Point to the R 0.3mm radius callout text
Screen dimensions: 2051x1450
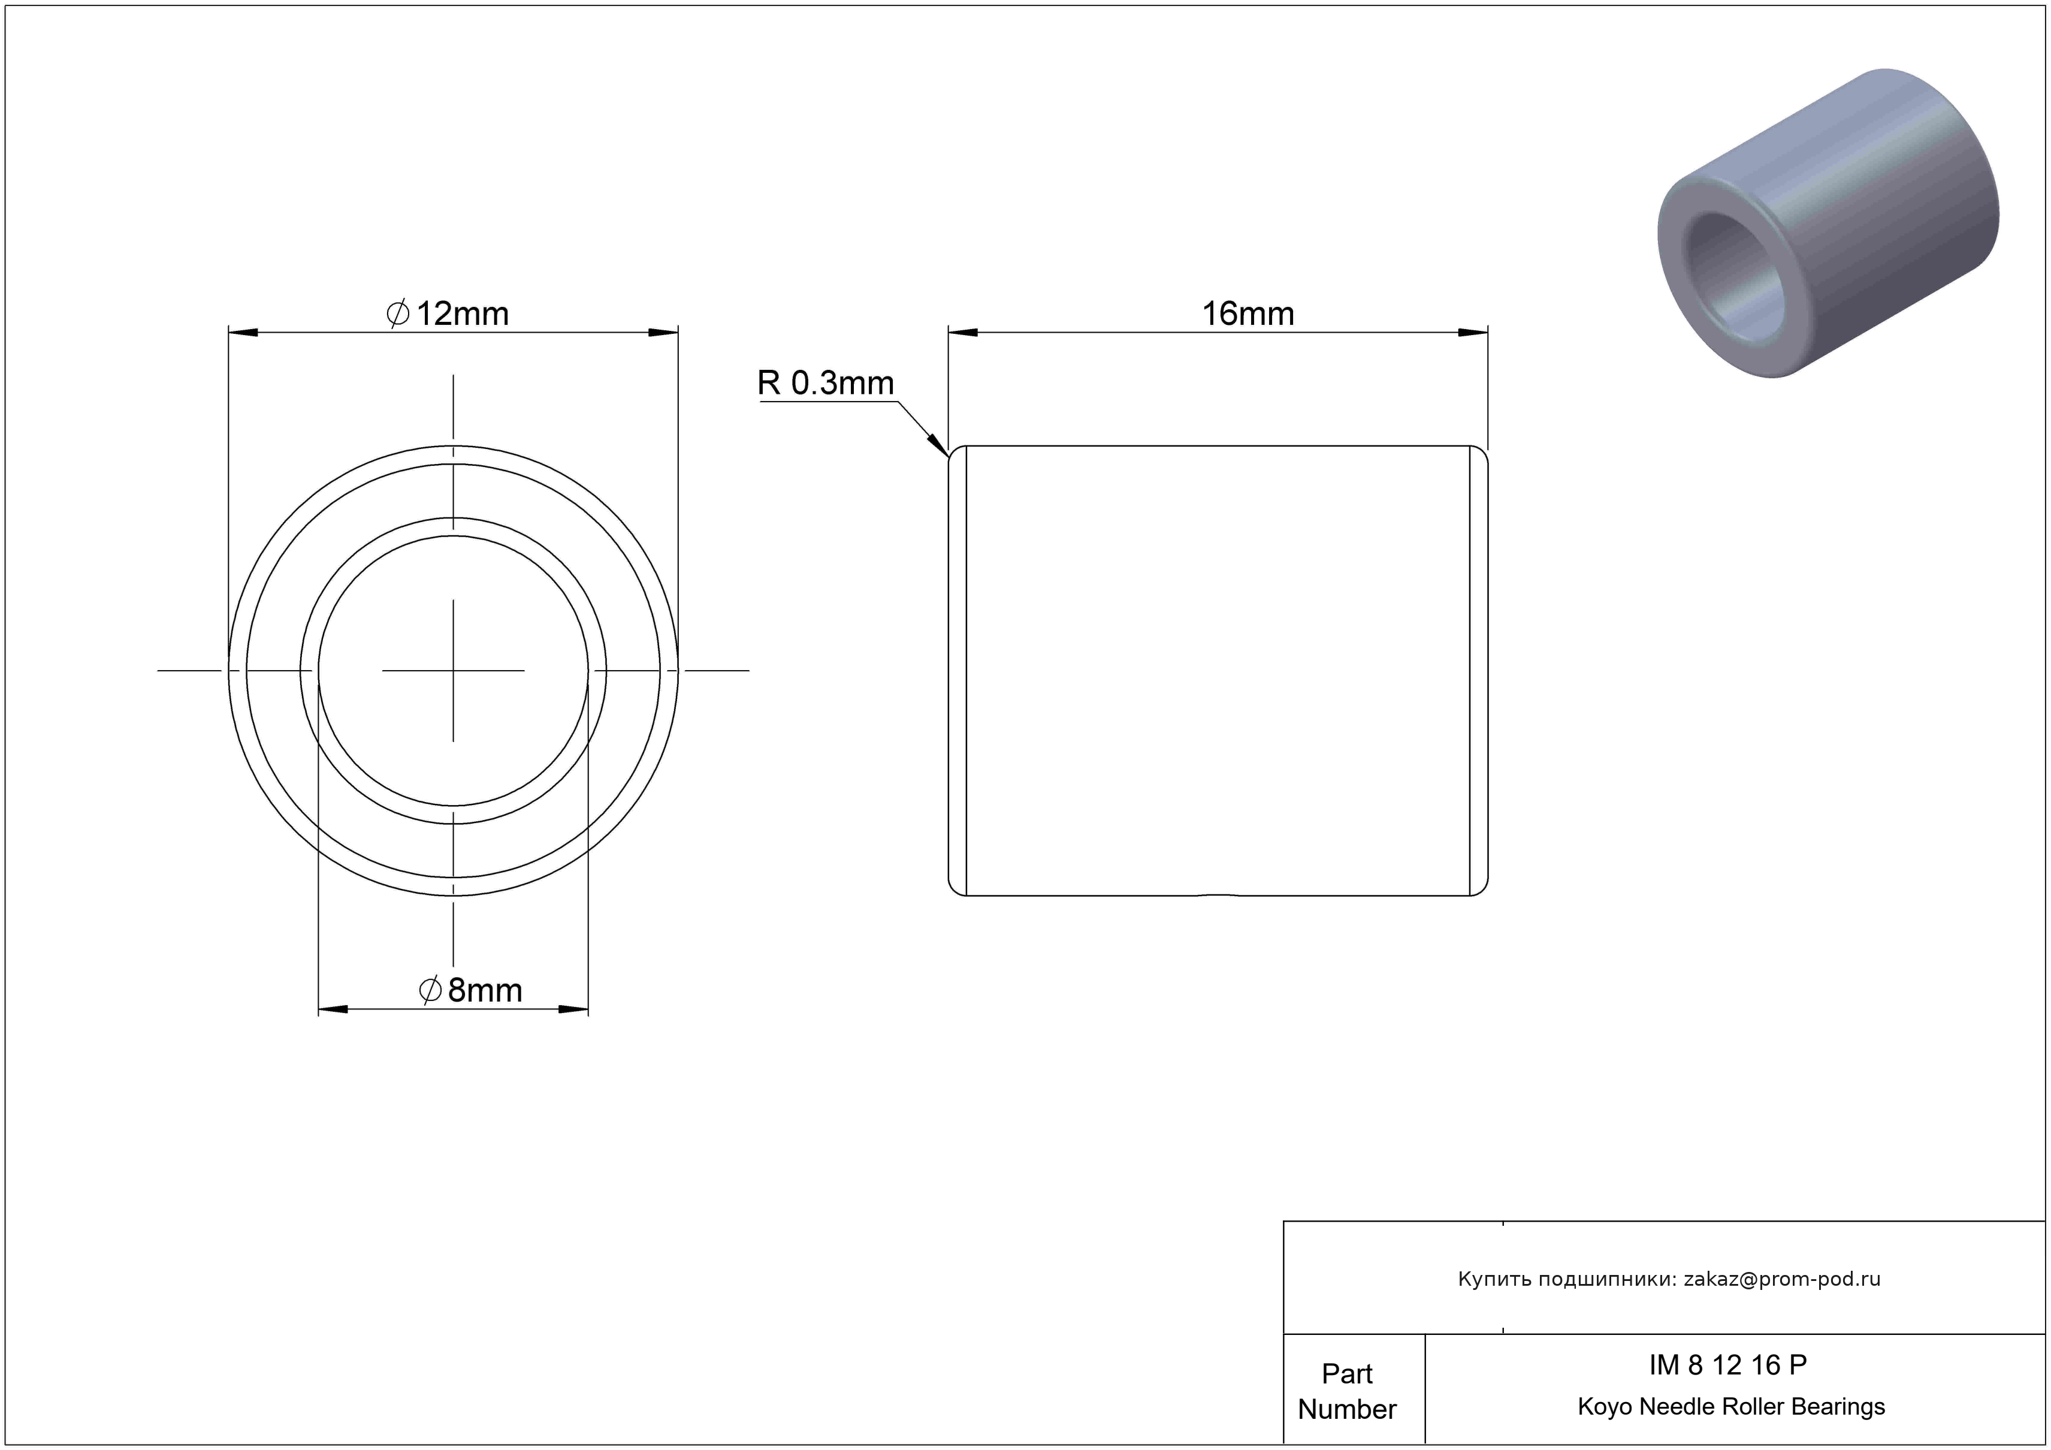[826, 383]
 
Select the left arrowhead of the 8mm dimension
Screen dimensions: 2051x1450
[333, 1009]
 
